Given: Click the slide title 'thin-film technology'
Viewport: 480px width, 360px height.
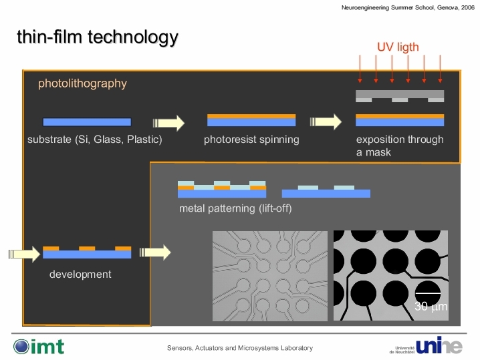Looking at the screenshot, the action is [98, 37].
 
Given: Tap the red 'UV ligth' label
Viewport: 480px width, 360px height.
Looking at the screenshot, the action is [398, 47].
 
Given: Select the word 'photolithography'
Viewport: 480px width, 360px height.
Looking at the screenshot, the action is [82, 83].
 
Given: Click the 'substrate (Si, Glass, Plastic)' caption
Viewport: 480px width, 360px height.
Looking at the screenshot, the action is [94, 140].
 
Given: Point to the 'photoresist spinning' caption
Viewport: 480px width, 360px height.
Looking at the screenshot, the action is [251, 140].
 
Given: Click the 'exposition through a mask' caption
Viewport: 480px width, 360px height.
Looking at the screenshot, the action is [400, 146].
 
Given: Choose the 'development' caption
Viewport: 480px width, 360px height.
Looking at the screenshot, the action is [80, 274].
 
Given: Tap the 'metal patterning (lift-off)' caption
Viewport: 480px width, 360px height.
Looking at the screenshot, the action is [235, 208].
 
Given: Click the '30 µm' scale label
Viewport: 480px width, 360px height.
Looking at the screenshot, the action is [431, 306].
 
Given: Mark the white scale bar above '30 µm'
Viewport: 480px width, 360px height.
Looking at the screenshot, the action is [428, 293].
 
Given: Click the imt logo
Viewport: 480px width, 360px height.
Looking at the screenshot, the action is [39, 347].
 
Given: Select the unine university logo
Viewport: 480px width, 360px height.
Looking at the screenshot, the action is [426, 345].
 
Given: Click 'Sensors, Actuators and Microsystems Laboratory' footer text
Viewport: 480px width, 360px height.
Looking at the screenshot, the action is [240, 348].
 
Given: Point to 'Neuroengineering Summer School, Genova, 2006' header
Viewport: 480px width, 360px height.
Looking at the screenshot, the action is [408, 7].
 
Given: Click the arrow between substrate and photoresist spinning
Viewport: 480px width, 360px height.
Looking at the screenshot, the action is [168, 123].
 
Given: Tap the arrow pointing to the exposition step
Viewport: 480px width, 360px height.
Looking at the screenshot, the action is [326, 122].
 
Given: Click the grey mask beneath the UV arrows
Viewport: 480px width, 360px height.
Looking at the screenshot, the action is [400, 96].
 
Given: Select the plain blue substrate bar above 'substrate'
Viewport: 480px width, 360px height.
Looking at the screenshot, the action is [87, 122].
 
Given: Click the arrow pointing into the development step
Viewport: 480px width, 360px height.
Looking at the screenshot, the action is [24, 254].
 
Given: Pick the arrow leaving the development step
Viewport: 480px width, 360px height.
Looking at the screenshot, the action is [155, 252].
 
